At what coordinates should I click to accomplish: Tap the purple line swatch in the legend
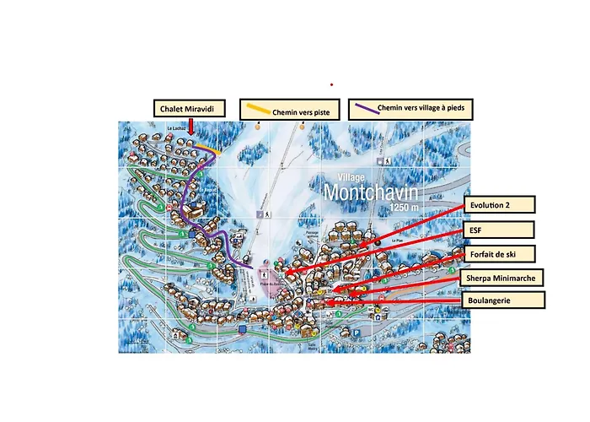(364, 108)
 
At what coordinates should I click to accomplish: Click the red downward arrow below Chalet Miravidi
(191, 127)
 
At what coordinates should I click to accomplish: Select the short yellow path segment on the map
(216, 152)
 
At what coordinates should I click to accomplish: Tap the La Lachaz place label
(175, 128)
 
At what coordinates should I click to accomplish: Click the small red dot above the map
(331, 84)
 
